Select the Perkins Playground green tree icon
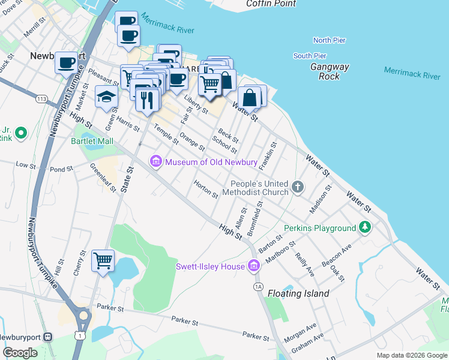(364, 228)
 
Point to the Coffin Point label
(271, 4)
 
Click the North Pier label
(330, 40)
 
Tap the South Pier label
(310, 56)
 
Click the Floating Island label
(298, 293)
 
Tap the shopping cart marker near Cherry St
(103, 261)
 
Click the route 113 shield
(41, 98)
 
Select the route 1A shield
(259, 287)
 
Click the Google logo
(20, 352)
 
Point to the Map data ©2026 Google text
(411, 355)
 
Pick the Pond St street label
(62, 170)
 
